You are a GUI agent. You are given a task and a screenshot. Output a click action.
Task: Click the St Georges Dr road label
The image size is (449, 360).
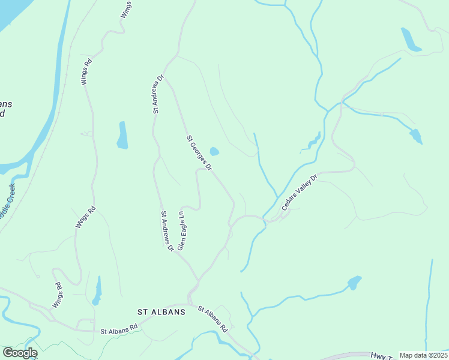click(199, 153)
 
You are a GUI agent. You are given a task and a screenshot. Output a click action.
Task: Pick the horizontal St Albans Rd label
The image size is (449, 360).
click(119, 331)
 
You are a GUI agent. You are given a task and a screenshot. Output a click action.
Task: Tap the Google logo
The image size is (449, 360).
click(19, 353)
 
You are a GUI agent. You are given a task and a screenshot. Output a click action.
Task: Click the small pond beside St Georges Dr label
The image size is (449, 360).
click(214, 151)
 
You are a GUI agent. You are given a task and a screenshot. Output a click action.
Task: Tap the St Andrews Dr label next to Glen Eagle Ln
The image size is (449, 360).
click(166, 230)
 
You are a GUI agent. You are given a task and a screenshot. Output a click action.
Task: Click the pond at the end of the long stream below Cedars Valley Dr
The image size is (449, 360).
click(355, 282)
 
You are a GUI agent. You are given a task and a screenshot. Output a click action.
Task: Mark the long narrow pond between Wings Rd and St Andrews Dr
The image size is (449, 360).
click(122, 135)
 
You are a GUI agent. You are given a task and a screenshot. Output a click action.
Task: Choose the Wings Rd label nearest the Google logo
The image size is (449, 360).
click(58, 295)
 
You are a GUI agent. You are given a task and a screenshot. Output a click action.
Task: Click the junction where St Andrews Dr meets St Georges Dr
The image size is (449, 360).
click(165, 76)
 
